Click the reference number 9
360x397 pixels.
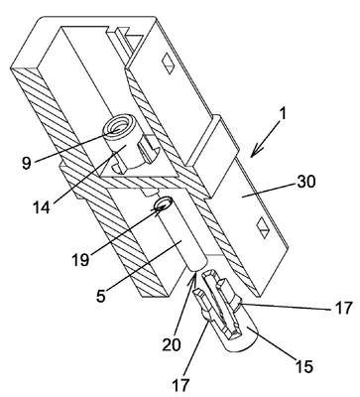click(x=27, y=164)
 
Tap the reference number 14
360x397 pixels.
click(x=42, y=207)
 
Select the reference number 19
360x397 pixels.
click(x=80, y=260)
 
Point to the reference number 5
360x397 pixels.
click(x=100, y=295)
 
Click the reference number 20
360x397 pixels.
click(x=172, y=344)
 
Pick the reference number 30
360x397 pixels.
click(x=306, y=182)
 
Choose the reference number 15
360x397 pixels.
click(x=304, y=366)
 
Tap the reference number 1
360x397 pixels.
click(x=284, y=113)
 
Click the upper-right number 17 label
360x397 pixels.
click(x=344, y=308)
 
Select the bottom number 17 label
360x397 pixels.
click(x=180, y=385)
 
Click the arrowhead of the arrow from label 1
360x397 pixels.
click(x=255, y=152)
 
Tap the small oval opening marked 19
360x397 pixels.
click(x=163, y=202)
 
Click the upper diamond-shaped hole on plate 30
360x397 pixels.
click(x=169, y=65)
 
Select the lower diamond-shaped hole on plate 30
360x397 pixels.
click(x=264, y=227)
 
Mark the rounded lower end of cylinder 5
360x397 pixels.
click(x=196, y=265)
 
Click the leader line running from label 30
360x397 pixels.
click(x=268, y=191)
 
